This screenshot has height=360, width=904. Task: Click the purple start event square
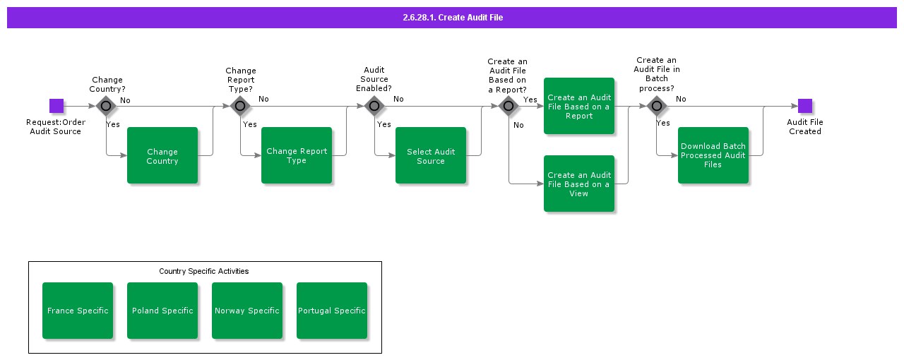[56, 106]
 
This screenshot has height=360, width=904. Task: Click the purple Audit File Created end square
[805, 106]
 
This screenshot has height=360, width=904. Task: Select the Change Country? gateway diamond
[106, 106]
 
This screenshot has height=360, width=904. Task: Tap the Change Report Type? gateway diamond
[240, 106]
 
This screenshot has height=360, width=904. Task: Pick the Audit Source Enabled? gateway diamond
[374, 106]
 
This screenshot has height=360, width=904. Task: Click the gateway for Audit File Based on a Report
[509, 106]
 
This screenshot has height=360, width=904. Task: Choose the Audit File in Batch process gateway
[657, 106]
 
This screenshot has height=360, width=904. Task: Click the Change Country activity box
[162, 155]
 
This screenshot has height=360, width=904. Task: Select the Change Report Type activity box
[297, 155]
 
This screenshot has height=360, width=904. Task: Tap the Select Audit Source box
[431, 155]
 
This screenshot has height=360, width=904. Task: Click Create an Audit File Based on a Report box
[579, 106]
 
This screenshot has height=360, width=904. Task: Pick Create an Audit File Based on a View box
[579, 184]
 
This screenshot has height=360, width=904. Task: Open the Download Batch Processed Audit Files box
[713, 155]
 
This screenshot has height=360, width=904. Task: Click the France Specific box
[78, 311]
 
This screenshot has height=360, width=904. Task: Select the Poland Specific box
[162, 311]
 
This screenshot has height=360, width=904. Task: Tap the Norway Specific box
[247, 311]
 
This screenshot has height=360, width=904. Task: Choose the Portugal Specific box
[332, 311]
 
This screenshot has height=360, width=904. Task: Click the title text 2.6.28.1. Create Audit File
[452, 18]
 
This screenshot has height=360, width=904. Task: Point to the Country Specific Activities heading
[204, 271]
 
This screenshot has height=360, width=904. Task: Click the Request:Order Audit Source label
[56, 127]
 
